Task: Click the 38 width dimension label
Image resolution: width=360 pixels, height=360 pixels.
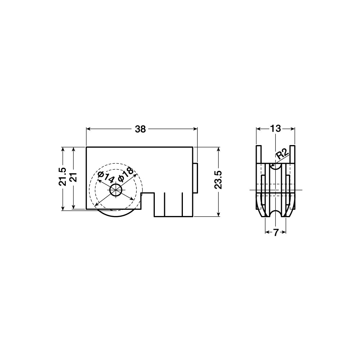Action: coord(140,129)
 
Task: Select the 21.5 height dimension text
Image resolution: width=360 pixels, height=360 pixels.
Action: coord(63,177)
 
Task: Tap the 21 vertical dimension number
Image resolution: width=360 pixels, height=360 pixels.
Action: coord(73,177)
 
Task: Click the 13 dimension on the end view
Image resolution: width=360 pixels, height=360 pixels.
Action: coord(275,129)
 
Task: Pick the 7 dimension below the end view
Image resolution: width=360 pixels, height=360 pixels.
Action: coord(275,233)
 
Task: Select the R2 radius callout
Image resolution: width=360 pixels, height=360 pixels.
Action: coord(283,155)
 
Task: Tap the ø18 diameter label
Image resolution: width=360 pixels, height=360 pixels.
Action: coord(126,176)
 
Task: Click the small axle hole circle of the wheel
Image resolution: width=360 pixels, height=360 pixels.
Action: coord(116,190)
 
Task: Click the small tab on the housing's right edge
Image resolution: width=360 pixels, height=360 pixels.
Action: coord(196,177)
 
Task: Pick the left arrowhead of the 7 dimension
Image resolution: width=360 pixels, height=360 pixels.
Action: coord(267,233)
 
